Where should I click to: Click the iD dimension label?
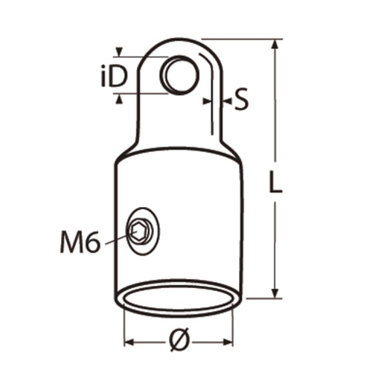tap(114, 75)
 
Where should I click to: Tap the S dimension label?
tap(241, 99)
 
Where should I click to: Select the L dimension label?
tap(275, 181)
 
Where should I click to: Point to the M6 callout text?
tap(80, 241)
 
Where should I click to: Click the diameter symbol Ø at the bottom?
tap(179, 339)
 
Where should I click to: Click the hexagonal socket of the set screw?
tap(138, 231)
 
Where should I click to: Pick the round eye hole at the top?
tap(179, 75)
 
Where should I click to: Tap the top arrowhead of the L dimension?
tap(274, 44)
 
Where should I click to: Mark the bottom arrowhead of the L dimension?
tap(275, 293)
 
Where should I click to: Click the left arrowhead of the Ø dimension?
tap(129, 342)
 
